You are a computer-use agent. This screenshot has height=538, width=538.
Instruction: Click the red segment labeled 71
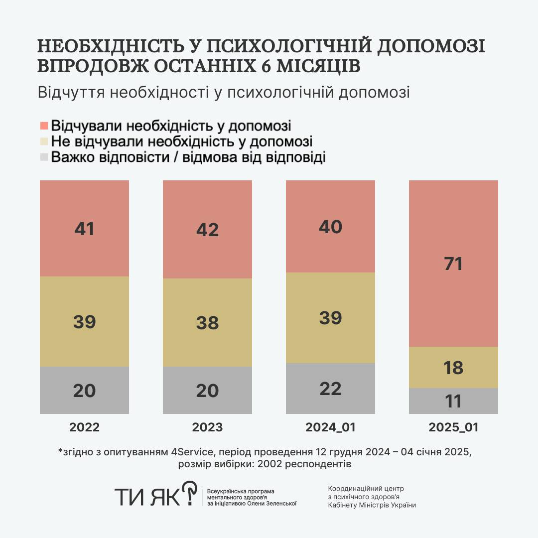point(453,263)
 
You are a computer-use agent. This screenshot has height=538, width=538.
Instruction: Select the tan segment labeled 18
point(453,367)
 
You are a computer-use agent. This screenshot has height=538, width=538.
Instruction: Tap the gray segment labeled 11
point(453,401)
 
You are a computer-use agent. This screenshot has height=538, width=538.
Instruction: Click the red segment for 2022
point(84,228)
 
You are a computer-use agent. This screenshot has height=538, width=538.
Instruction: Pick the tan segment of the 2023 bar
point(207,322)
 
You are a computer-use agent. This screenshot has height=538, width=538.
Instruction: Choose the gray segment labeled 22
point(330,388)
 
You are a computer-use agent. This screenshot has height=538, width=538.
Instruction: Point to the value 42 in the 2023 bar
point(207,230)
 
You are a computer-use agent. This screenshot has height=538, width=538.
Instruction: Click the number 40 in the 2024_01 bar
point(330,227)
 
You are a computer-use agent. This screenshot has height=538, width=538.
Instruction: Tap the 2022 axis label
point(84,427)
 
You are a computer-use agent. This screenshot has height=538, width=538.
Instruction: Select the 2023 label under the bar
point(207,427)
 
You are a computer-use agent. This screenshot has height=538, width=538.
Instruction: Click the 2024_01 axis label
point(330,427)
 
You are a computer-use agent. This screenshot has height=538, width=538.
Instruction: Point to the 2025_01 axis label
point(453,427)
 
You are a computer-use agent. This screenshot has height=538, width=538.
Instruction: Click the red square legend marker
point(44,125)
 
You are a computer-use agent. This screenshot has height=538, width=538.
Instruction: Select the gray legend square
point(44,157)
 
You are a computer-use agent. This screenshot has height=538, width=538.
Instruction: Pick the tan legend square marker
point(44,141)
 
